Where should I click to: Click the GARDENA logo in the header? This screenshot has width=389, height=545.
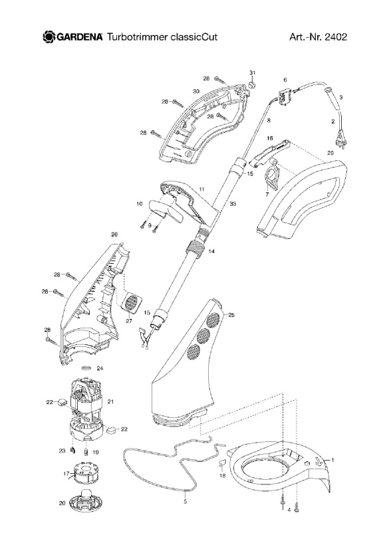pos(72,37)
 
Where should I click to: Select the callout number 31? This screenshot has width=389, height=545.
pos(253,72)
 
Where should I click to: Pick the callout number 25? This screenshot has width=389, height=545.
pos(231,315)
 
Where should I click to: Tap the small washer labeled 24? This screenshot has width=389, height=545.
pos(86,368)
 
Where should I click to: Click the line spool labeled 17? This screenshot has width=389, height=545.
pos(83,472)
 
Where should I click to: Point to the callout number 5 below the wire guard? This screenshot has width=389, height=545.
pos(185,502)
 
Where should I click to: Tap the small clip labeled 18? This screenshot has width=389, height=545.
pos(222,463)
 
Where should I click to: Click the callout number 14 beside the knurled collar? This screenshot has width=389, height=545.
pos(211,251)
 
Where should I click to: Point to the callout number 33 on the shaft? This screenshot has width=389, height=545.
pos(233,203)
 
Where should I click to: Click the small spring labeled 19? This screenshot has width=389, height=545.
pos(86,452)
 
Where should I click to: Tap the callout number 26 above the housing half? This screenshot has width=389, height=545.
pos(114,235)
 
